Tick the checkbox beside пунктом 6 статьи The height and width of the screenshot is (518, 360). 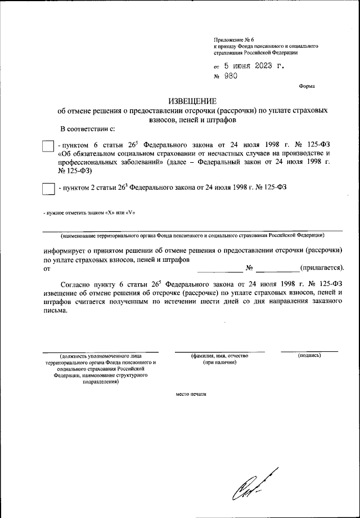coord(48,146)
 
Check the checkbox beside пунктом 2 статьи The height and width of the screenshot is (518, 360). coord(48,189)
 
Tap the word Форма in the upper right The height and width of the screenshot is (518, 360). coord(307,86)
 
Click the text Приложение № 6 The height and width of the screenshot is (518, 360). coord(233,39)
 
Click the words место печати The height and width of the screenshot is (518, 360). coord(191,394)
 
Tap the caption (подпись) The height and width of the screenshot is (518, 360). coord(309,356)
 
